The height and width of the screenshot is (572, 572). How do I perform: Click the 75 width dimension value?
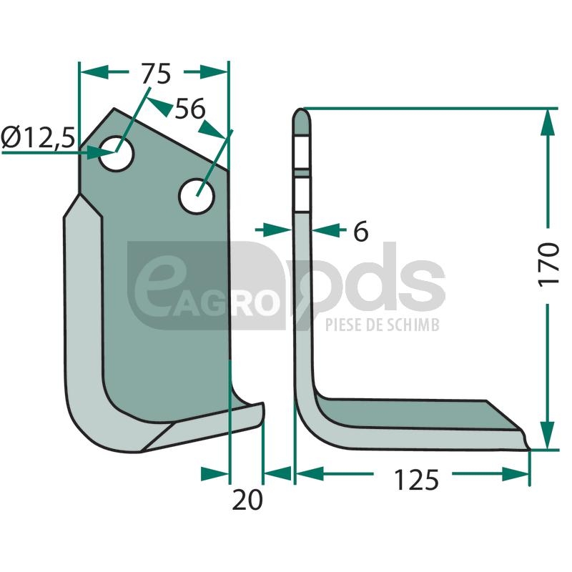(x=156, y=74)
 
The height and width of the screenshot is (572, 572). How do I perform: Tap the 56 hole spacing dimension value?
(x=190, y=109)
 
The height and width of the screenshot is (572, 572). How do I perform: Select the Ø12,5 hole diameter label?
(x=38, y=137)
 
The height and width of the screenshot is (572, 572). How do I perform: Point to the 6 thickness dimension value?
(x=361, y=231)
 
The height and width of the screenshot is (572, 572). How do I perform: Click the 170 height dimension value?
(x=548, y=265)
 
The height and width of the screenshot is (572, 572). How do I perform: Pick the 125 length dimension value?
(x=417, y=480)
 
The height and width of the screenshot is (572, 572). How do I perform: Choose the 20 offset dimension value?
(x=247, y=500)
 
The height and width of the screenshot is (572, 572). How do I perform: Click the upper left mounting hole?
(x=117, y=154)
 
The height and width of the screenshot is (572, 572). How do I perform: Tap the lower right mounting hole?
(x=197, y=196)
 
